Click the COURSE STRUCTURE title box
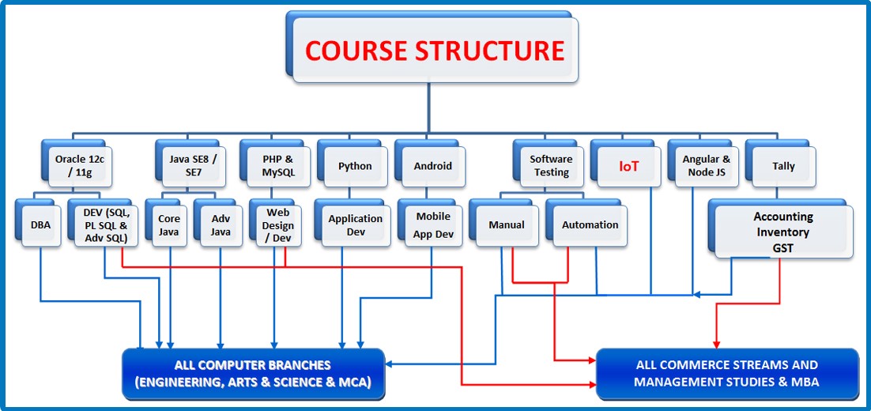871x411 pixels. pos(435,51)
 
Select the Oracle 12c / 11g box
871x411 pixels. pos(80,165)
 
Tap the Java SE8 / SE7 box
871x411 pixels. pos(193,165)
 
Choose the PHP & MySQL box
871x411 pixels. pos(277,166)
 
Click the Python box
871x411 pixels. pos(355,166)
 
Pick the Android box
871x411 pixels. pos(432,166)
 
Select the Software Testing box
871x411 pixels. pos(551,166)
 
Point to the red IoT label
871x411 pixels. pos(628,166)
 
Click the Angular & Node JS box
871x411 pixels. pos(706,166)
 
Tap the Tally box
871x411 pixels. pos(783,166)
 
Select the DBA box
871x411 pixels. pos(40,225)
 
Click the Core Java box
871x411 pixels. pos(169,225)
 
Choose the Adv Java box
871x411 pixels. pos(221,225)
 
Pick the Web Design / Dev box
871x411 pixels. pos(277,224)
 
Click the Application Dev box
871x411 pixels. pos(355,225)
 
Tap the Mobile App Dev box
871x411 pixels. pos(433,224)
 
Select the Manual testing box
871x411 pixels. pos(507,225)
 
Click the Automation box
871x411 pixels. pos(590,225)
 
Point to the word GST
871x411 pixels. pos(782,247)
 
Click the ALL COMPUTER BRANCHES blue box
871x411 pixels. pos(253,374)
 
